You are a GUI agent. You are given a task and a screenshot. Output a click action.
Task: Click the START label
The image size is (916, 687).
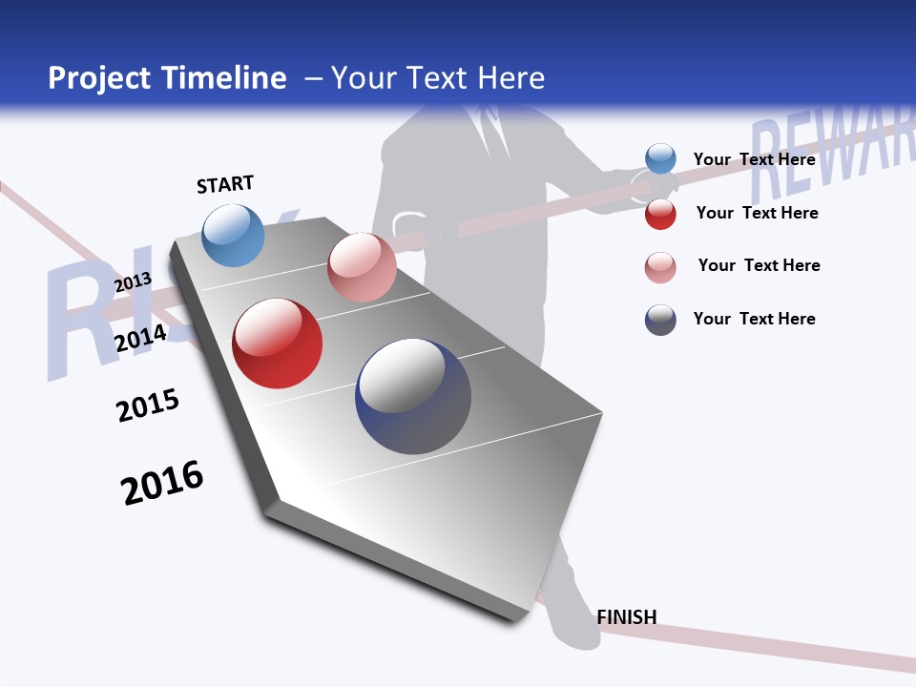225,184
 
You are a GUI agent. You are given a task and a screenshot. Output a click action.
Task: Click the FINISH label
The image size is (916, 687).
626,617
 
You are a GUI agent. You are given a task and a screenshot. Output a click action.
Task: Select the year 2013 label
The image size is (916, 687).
133,282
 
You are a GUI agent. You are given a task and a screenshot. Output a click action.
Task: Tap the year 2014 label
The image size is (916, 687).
141,338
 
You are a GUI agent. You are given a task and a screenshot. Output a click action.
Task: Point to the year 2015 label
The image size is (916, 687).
148,406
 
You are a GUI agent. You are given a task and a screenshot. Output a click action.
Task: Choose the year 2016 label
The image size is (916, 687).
162,483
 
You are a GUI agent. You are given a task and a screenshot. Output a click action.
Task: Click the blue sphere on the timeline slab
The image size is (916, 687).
234,235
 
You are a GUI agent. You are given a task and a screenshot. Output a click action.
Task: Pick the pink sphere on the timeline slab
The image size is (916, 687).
362,267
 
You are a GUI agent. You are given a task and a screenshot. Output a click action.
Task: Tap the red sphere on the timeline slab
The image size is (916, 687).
278,343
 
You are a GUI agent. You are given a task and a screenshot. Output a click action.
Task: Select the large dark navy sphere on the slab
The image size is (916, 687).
413,396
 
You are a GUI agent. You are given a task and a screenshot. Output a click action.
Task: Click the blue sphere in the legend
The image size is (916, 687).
660,159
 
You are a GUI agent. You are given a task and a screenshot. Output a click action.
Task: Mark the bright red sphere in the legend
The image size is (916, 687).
660,214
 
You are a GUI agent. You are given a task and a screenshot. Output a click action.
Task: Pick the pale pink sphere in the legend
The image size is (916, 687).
660,267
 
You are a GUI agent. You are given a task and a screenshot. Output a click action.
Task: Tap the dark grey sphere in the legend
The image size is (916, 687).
660,320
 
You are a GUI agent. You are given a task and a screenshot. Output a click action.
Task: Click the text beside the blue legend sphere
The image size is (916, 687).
754,159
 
